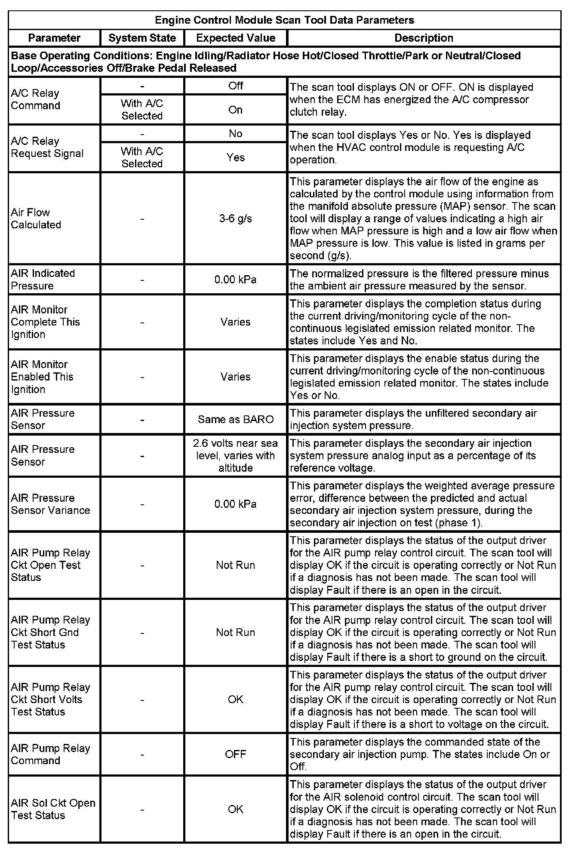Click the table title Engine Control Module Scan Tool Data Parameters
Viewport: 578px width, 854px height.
(284, 20)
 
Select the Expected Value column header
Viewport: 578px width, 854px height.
(235, 38)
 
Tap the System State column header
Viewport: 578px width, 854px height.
(142, 38)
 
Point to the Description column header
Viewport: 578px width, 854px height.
(424, 38)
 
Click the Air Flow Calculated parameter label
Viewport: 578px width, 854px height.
(36, 218)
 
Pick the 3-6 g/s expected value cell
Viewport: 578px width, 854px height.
(235, 218)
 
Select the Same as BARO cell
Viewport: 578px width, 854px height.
(235, 419)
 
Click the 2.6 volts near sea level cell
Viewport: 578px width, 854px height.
(235, 455)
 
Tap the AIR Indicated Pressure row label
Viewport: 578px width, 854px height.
(43, 280)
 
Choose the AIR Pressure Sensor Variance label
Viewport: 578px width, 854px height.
(50, 504)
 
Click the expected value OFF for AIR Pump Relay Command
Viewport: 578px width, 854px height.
(235, 754)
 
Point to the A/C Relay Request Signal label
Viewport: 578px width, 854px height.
(47, 147)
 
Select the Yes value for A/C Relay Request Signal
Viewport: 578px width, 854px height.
(235, 157)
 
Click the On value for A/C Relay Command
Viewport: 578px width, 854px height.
(235, 110)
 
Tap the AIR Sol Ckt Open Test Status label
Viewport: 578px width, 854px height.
(53, 809)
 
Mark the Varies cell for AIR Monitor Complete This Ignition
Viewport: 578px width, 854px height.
(235, 322)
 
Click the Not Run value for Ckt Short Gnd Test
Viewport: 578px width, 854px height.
(235, 632)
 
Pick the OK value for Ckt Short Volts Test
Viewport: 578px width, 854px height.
(235, 699)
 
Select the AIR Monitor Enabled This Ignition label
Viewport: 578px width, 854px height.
(42, 377)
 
